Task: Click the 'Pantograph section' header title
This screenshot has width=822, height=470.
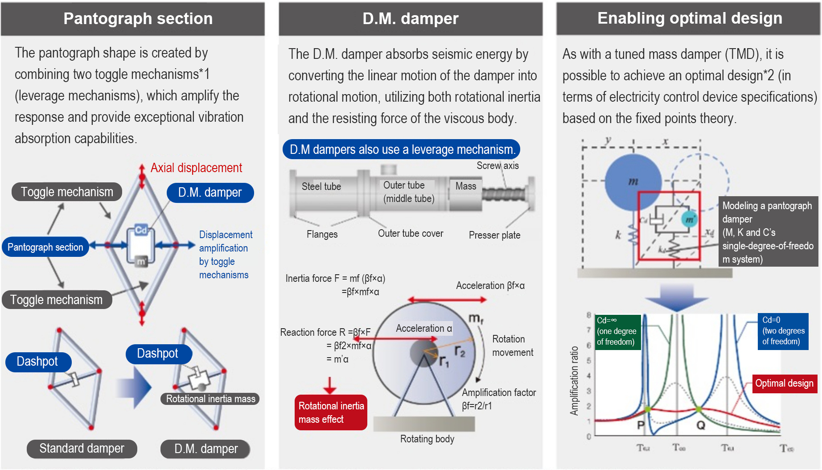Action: [x=138, y=19]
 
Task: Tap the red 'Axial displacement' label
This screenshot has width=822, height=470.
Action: [x=196, y=168]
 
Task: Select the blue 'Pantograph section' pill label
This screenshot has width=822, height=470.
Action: [x=45, y=247]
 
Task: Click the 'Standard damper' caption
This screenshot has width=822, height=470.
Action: [x=82, y=449]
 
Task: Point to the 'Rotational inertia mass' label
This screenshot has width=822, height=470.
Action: [x=210, y=399]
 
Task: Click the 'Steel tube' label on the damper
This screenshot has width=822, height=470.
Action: [x=321, y=186]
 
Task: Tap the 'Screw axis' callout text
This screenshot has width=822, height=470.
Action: [x=497, y=166]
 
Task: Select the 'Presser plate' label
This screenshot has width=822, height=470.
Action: [x=494, y=235]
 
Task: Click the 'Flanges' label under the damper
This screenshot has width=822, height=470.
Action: [x=322, y=234]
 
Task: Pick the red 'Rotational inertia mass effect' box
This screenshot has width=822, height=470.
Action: [x=331, y=412]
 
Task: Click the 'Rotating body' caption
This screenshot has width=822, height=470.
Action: [x=427, y=439]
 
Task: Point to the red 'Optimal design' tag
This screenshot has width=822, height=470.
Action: [x=784, y=383]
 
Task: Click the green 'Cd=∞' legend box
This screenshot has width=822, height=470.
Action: [x=617, y=331]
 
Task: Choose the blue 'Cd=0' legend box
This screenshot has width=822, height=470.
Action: [x=783, y=331]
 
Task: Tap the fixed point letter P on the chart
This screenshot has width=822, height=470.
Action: [x=641, y=425]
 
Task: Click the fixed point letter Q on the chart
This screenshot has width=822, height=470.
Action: [x=701, y=425]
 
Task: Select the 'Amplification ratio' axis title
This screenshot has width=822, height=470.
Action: [x=574, y=381]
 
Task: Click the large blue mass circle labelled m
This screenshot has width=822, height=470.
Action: [x=633, y=182]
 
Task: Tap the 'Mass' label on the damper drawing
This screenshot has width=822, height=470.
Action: [x=465, y=186]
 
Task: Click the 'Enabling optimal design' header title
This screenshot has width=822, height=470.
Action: [x=689, y=18]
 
